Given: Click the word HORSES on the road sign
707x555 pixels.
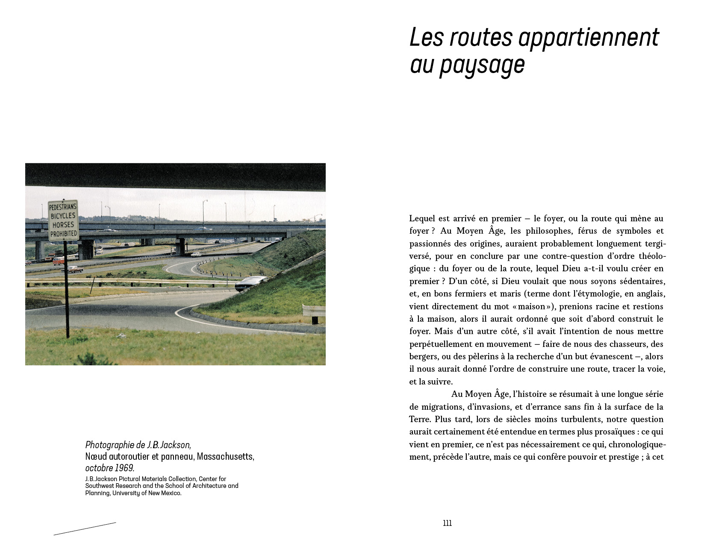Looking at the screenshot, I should [63, 225].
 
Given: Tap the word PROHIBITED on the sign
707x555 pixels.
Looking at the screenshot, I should [63, 234].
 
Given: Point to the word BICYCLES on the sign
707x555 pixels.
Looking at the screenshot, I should [63, 216].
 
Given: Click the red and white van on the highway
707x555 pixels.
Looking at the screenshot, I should [59, 261].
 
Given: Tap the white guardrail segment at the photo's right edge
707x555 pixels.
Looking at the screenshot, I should [314, 311].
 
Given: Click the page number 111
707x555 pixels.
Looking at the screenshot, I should [447, 523].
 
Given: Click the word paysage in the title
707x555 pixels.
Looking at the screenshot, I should [482, 65].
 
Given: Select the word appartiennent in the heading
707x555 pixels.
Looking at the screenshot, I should [589, 38].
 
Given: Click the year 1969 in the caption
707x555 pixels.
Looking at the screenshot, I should [124, 468].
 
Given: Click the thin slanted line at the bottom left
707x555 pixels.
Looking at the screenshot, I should [85, 529].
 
